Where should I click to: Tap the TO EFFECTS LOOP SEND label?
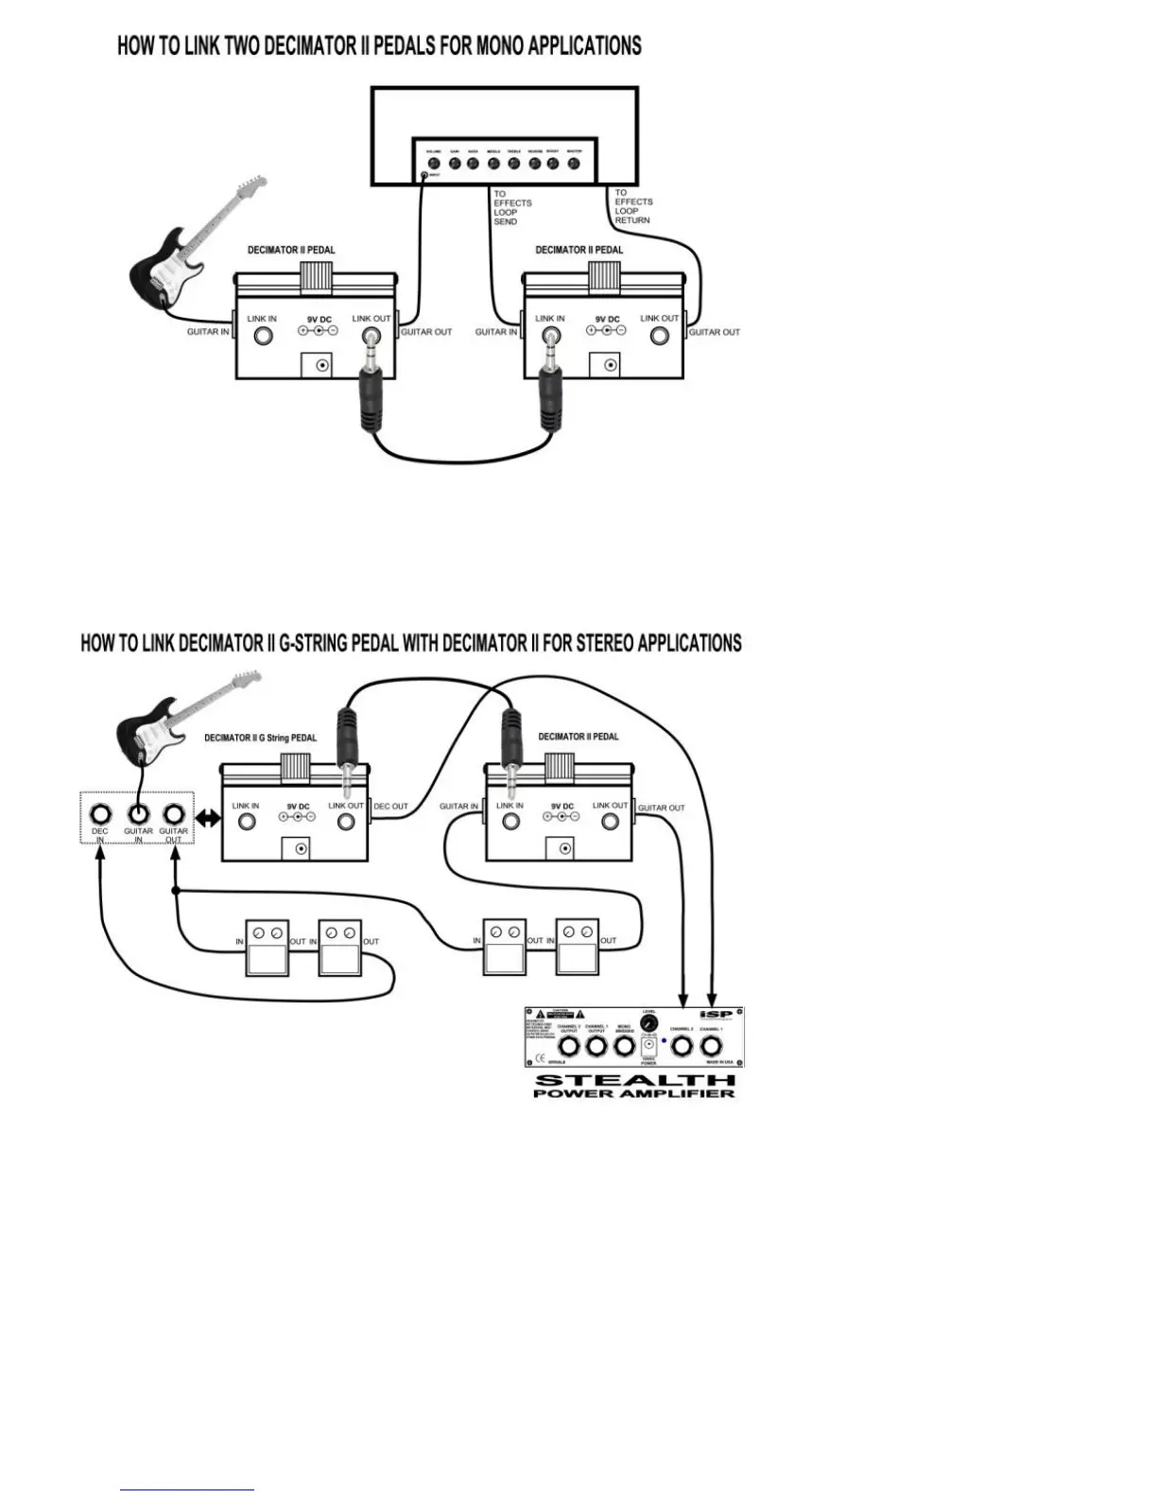click(x=511, y=207)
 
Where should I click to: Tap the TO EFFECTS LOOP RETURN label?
click(x=632, y=206)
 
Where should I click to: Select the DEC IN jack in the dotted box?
click(x=100, y=813)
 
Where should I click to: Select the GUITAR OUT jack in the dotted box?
click(x=173, y=813)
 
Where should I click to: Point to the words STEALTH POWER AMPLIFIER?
click(x=634, y=1086)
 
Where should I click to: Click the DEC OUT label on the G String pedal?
click(x=391, y=807)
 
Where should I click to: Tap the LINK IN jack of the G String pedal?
click(x=247, y=820)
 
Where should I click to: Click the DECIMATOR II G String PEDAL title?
click(x=261, y=738)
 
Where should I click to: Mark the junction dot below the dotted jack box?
click(x=175, y=891)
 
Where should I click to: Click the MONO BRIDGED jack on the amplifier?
click(x=624, y=1046)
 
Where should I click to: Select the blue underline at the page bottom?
click(x=187, y=1490)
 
